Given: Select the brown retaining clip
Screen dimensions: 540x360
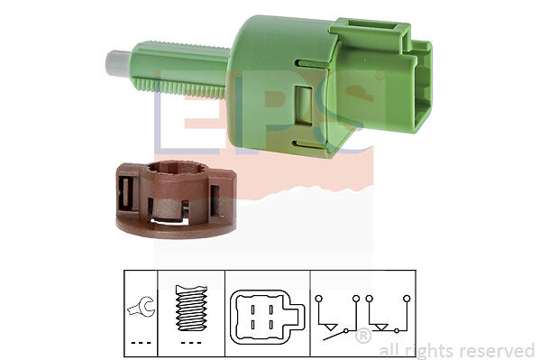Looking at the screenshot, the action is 176,199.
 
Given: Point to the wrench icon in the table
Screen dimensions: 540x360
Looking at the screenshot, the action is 142,307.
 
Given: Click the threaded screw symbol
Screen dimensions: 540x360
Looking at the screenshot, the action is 191,308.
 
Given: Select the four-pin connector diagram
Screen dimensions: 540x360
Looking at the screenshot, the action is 267,318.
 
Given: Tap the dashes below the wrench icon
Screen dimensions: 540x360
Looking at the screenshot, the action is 142,343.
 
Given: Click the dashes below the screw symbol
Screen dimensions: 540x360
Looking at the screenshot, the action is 191,343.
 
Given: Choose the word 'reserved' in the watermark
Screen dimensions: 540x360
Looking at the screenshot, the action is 497,351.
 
